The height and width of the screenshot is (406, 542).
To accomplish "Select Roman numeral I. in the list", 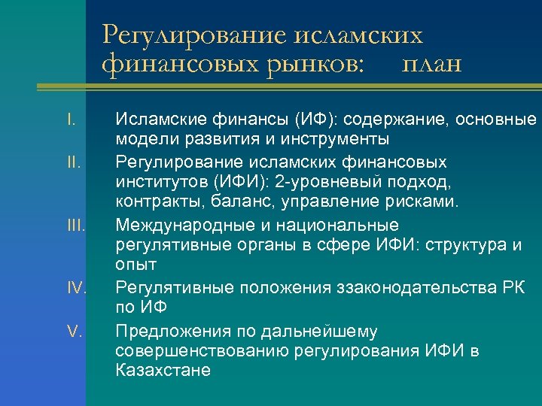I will point(70,119).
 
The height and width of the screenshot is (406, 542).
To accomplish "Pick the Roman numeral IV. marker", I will point(76,287).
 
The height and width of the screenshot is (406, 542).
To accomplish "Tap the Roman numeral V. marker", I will point(74,329).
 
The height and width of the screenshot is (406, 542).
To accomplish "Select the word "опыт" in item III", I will point(135,265).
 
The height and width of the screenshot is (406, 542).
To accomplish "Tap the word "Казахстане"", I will point(163,371).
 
